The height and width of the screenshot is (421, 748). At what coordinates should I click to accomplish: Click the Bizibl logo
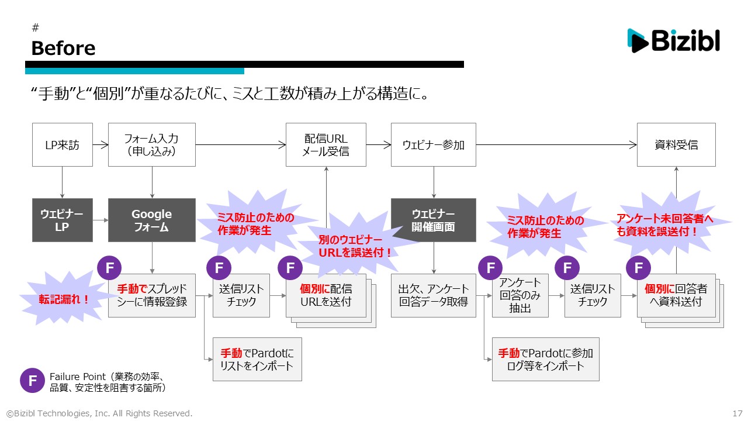click(673, 40)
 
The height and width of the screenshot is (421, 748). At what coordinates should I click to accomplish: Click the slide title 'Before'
click(63, 48)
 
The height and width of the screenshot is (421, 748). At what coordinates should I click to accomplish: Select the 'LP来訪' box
click(62, 144)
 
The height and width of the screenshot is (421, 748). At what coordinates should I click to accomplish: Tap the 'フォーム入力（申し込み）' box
click(151, 144)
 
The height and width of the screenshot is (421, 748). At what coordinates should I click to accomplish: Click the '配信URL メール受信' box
click(325, 144)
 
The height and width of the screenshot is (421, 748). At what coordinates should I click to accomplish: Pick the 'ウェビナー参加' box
click(433, 144)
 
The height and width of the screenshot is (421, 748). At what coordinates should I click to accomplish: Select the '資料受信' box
click(676, 144)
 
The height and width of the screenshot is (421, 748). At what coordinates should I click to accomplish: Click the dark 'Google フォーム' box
click(151, 220)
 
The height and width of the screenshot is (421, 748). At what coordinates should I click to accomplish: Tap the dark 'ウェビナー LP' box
click(62, 220)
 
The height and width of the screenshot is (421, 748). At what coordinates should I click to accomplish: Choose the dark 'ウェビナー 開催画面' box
click(433, 220)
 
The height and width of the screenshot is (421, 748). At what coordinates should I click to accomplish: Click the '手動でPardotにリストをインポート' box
click(257, 360)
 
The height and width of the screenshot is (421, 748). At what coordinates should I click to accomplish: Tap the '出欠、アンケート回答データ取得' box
click(433, 296)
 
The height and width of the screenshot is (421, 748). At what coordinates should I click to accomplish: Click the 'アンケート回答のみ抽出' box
click(520, 296)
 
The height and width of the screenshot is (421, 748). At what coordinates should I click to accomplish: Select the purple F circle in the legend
click(33, 380)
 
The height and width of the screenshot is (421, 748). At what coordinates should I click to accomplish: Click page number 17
click(737, 413)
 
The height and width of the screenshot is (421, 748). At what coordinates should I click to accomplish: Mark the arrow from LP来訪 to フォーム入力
click(101, 144)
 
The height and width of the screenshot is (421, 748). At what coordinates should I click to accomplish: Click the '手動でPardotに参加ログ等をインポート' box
click(545, 360)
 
